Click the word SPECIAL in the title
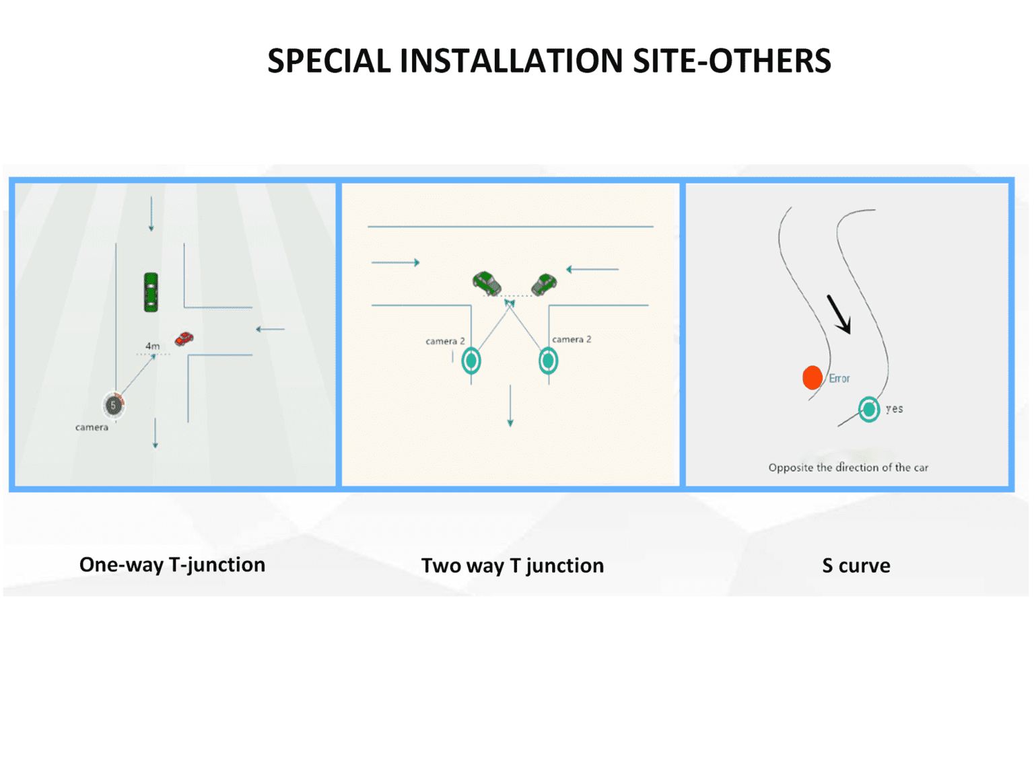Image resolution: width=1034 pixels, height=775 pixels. point(329,61)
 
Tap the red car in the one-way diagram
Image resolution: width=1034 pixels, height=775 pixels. point(184,339)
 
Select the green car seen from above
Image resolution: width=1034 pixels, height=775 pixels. point(151,292)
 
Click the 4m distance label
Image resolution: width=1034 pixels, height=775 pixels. point(152,346)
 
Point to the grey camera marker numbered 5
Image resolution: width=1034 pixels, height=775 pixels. point(114,405)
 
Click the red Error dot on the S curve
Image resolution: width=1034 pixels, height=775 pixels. point(812,378)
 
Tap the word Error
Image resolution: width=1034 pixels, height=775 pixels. point(839,378)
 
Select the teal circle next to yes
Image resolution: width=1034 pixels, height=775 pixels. point(869,410)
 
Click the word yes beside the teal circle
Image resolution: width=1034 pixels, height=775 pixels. point(894,408)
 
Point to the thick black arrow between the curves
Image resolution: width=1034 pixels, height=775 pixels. point(839,314)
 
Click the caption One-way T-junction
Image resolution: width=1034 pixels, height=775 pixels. point(172,565)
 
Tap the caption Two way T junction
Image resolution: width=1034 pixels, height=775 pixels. point(512,566)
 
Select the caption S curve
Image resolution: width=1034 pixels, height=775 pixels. point(856,566)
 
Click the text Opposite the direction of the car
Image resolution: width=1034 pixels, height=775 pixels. point(848,468)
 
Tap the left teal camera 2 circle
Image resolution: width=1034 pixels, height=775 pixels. point(471,361)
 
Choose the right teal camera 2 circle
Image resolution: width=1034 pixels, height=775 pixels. point(549,361)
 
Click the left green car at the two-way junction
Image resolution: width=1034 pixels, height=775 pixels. point(487,283)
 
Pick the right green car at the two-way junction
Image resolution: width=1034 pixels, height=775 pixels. point(544,284)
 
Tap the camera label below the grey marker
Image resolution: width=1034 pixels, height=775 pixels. point(92,427)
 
